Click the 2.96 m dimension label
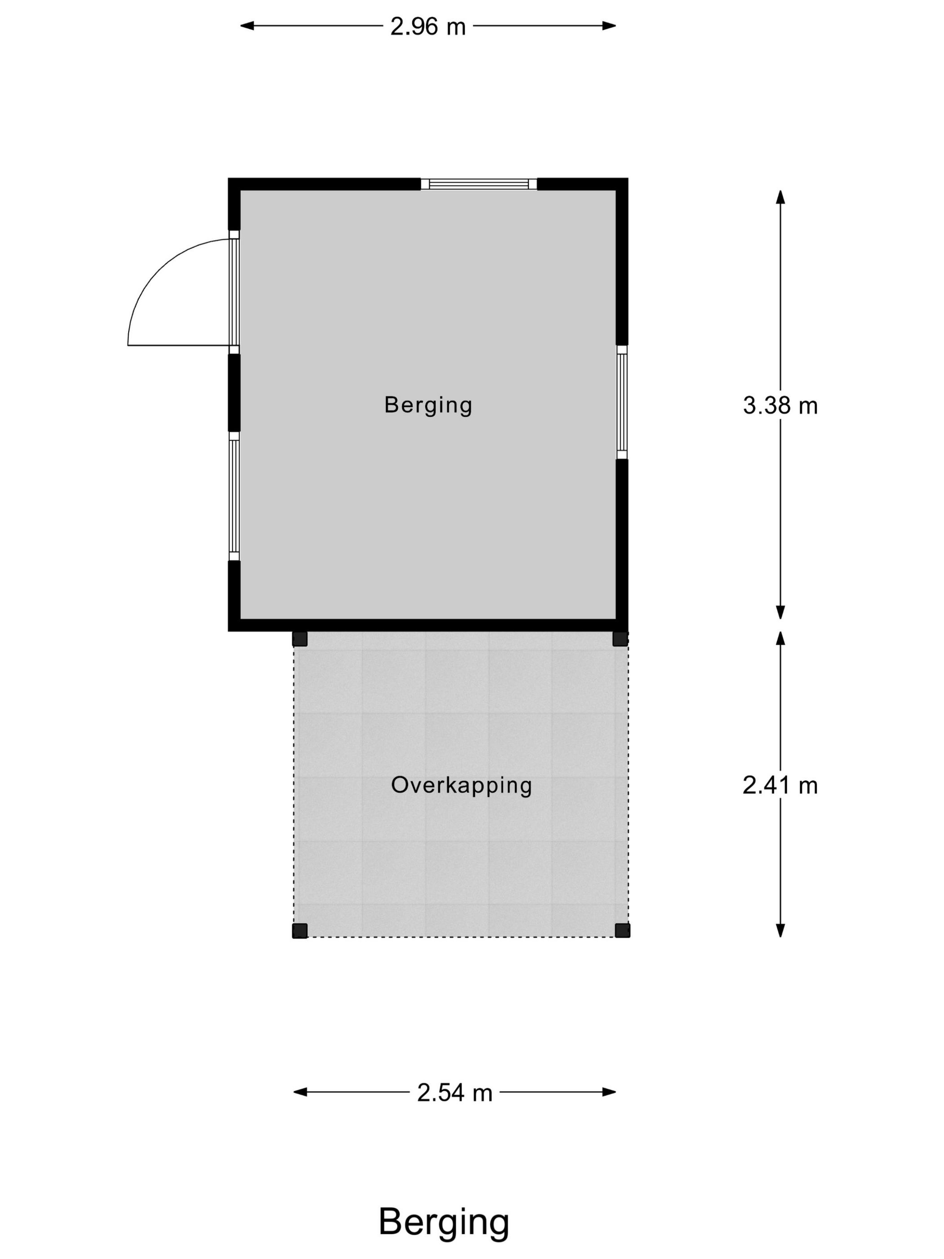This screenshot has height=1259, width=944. (x=427, y=26)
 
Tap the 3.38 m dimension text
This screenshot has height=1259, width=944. (x=780, y=405)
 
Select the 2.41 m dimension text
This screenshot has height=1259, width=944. (x=780, y=786)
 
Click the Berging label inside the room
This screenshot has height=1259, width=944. (x=428, y=405)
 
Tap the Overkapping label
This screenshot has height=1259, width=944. (x=462, y=786)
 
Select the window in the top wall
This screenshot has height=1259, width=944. (x=479, y=184)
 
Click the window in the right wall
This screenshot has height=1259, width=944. (x=622, y=402)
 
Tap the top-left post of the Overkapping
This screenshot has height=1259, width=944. (x=300, y=638)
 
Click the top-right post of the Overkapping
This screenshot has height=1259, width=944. (x=620, y=638)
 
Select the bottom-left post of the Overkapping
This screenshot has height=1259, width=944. (x=300, y=931)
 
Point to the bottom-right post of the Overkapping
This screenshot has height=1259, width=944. (x=623, y=931)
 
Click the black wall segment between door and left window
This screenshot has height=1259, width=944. (x=234, y=393)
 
